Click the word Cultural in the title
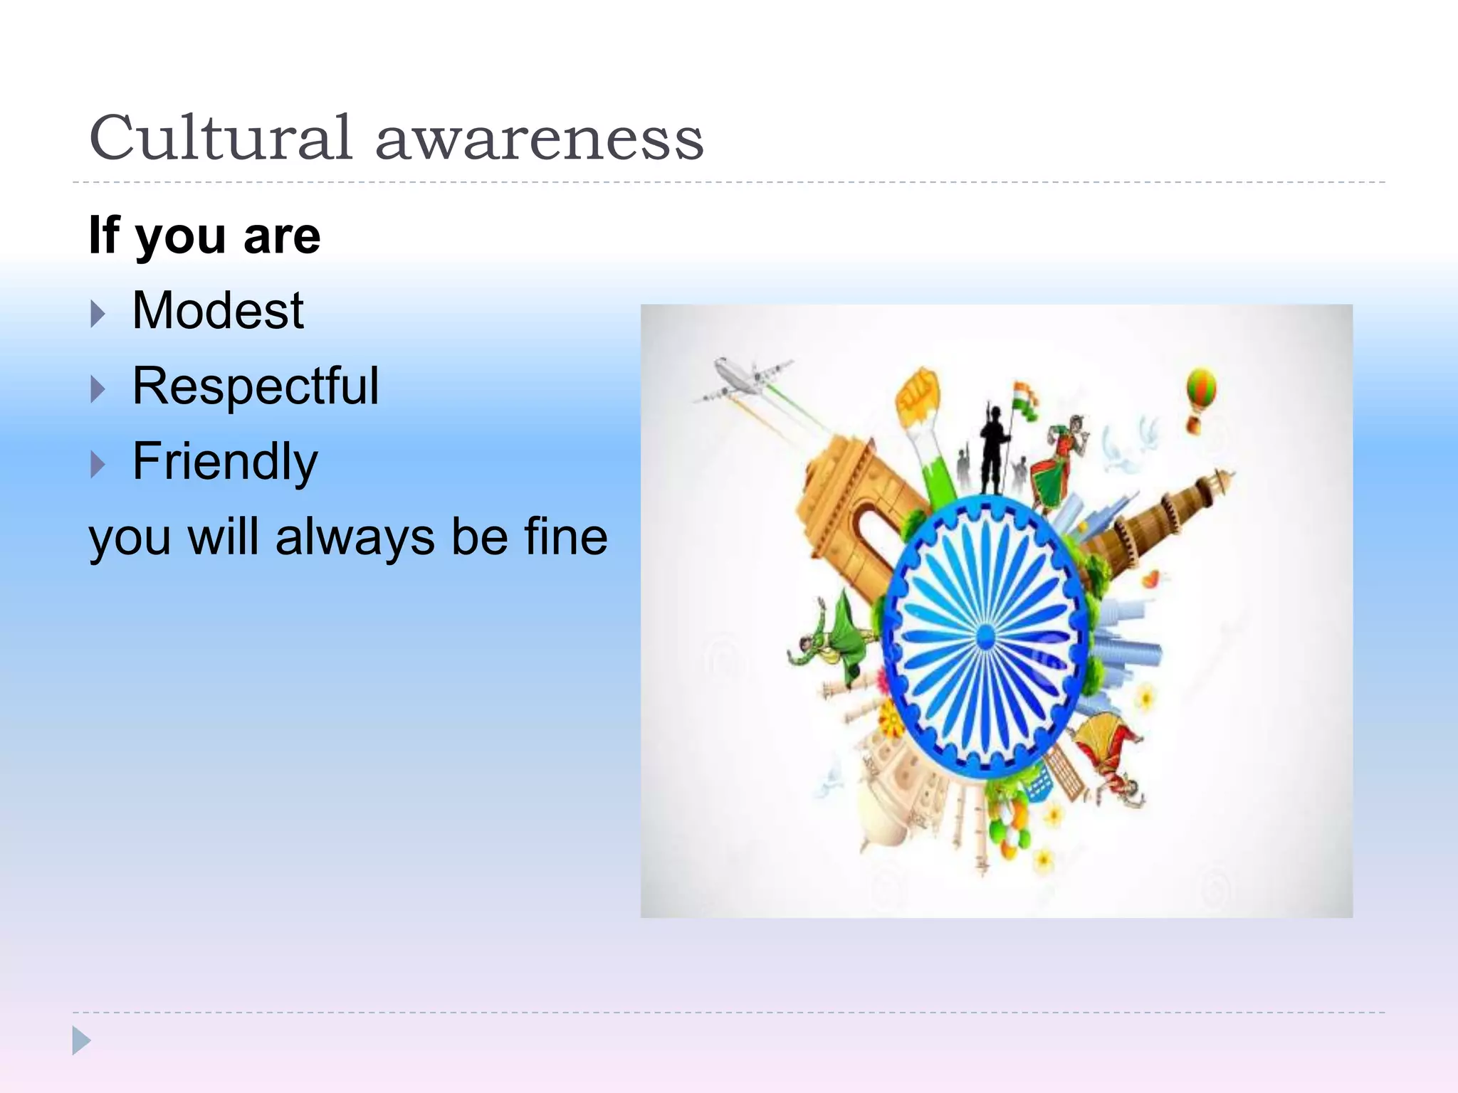click(x=221, y=138)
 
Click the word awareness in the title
click(x=539, y=139)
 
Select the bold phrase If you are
click(x=204, y=236)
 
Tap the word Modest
click(x=218, y=311)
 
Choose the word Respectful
click(x=256, y=386)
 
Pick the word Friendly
click(x=225, y=462)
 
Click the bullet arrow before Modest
click(x=98, y=314)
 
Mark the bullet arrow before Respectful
click(x=98, y=389)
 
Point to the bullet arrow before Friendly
click(x=98, y=465)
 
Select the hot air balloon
click(x=1200, y=396)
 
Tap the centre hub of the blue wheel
click(x=985, y=637)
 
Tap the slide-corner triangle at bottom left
click(x=81, y=1040)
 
